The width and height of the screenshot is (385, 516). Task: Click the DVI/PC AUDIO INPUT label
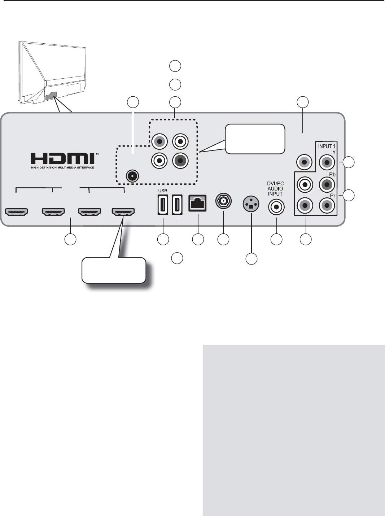pyautogui.click(x=276, y=189)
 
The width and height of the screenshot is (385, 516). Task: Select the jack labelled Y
pyautogui.click(x=327, y=163)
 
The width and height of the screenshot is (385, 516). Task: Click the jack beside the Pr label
pyautogui.click(x=327, y=206)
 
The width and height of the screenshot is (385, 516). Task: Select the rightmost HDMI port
pyautogui.click(x=123, y=211)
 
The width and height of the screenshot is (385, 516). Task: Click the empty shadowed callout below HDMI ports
pyautogui.click(x=114, y=270)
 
